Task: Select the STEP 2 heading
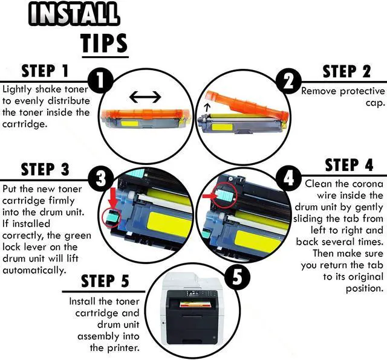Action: pos(347,72)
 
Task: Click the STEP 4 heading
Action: pos(349,166)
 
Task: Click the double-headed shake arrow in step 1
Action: pos(146,96)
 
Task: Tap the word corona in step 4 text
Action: pos(368,184)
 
